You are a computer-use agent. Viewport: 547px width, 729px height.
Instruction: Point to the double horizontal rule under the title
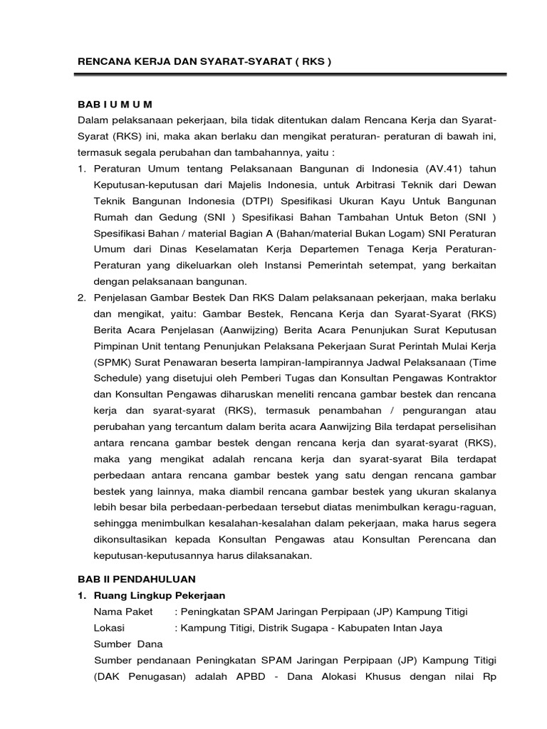(x=292, y=73)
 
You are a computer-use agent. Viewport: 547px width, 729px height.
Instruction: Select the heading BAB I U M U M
(x=115, y=105)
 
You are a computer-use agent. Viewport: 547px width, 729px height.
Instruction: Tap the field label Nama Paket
(x=119, y=612)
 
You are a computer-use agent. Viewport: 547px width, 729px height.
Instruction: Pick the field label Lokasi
(x=109, y=628)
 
